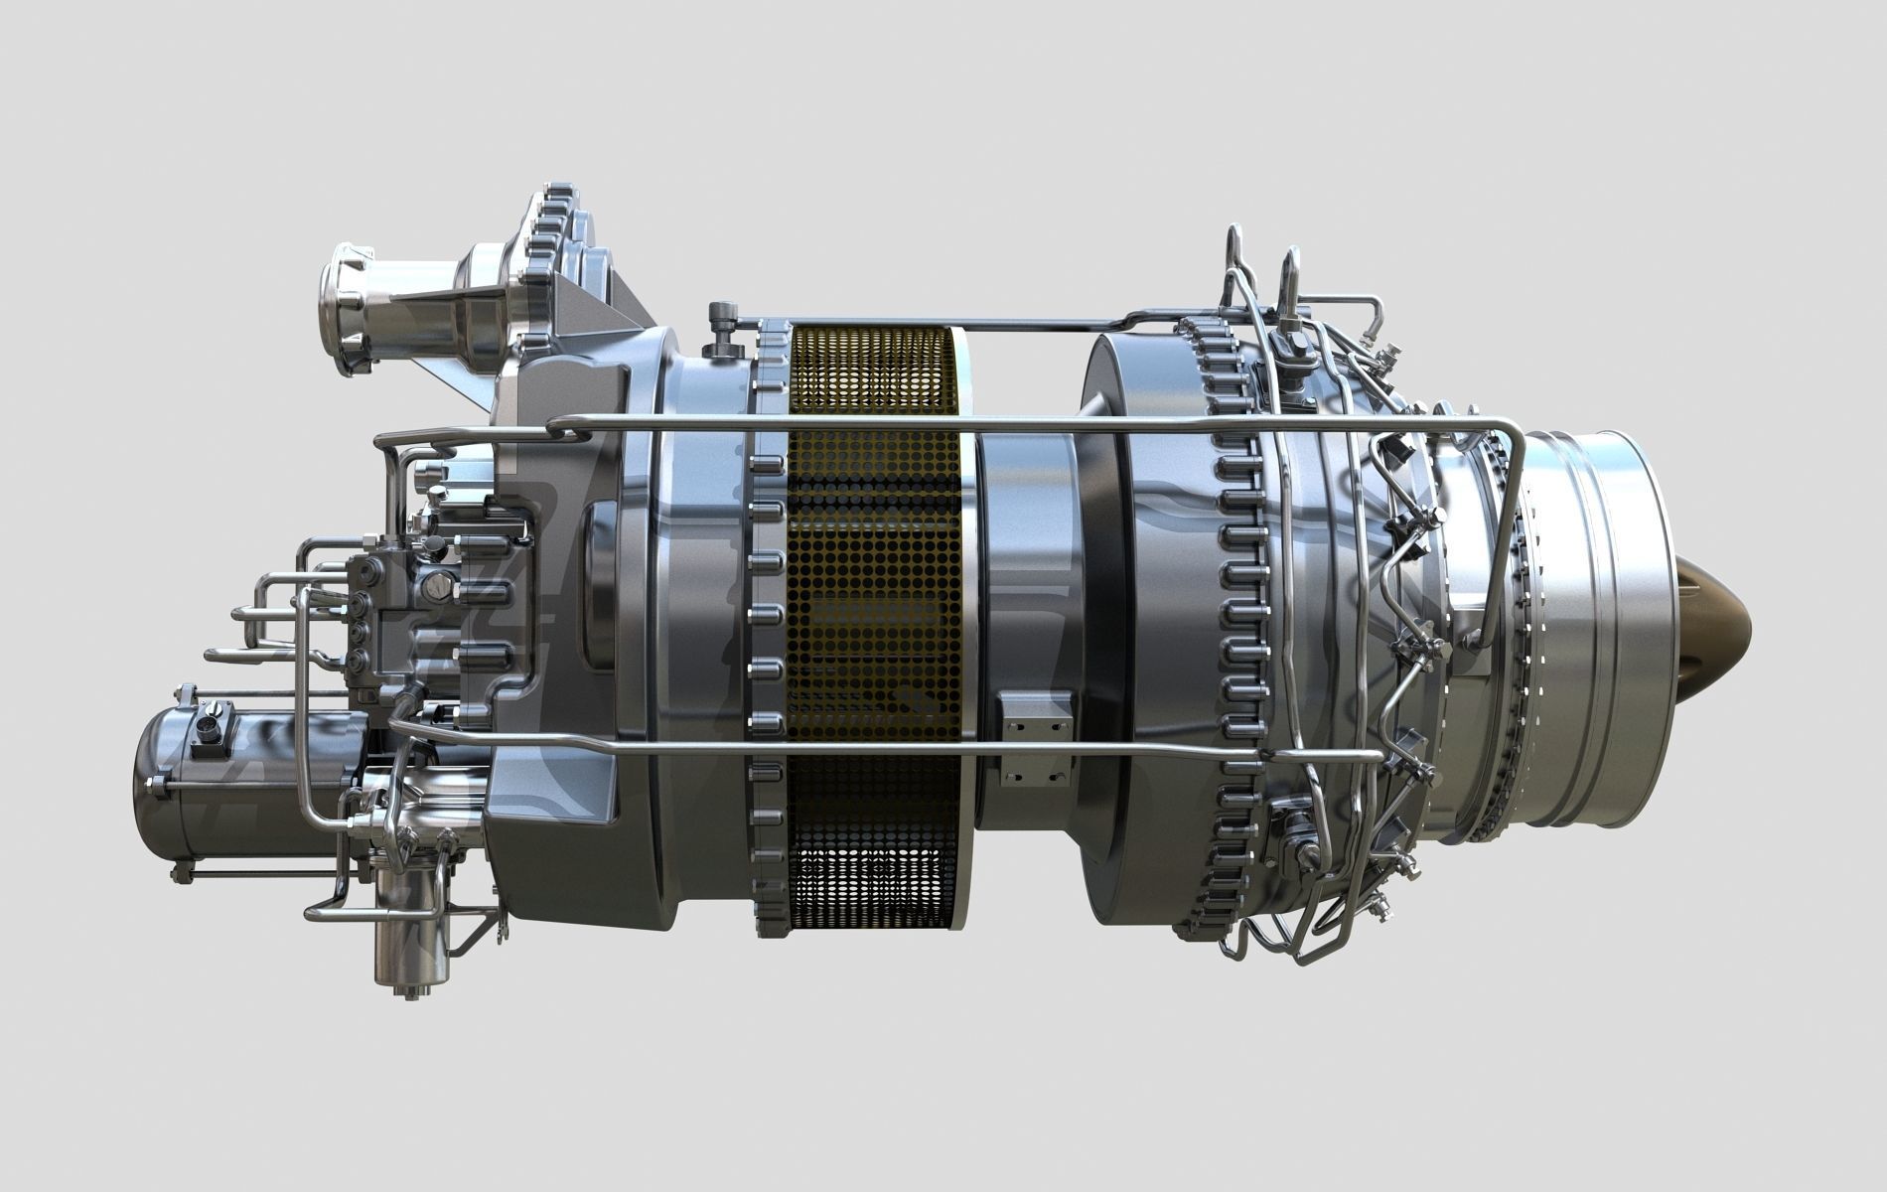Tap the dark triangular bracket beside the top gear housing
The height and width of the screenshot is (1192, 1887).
621,298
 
